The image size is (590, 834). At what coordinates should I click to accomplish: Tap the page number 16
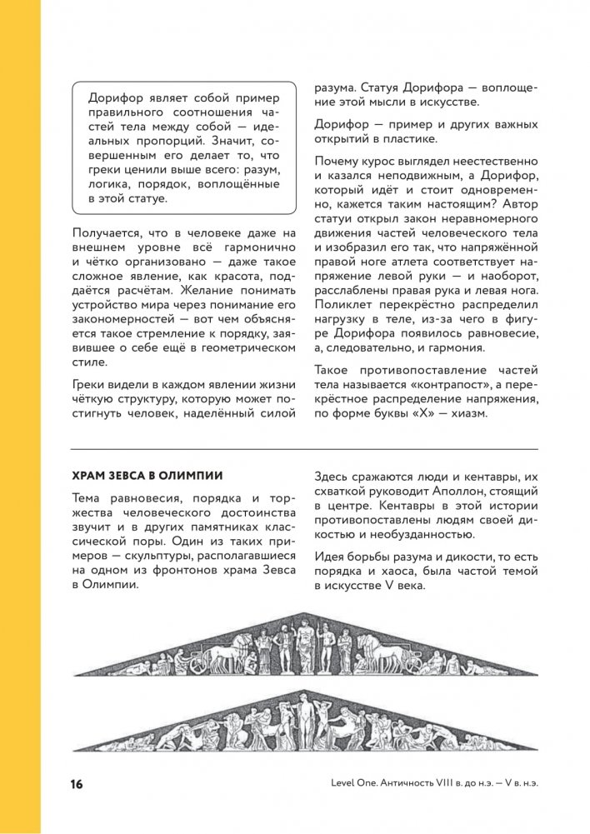pos(77,785)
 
